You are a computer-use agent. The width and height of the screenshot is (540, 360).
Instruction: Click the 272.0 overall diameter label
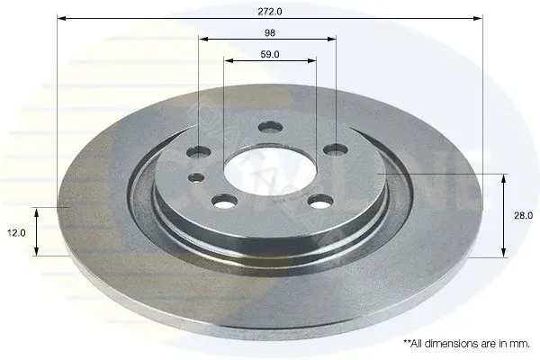[270, 12]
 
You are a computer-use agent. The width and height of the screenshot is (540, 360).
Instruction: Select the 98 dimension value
[270, 32]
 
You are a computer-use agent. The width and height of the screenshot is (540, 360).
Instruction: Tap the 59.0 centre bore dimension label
[270, 54]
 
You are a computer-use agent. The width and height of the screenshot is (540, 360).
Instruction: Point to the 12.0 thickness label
[16, 233]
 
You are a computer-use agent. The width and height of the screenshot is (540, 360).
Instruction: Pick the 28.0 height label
[523, 216]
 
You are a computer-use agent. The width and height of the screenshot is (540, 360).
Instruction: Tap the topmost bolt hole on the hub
[270, 127]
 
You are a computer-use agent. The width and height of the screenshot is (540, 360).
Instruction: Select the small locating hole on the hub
[196, 178]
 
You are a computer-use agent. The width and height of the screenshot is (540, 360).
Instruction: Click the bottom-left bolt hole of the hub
[225, 202]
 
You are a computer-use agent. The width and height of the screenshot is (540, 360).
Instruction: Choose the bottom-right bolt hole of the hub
[321, 202]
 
